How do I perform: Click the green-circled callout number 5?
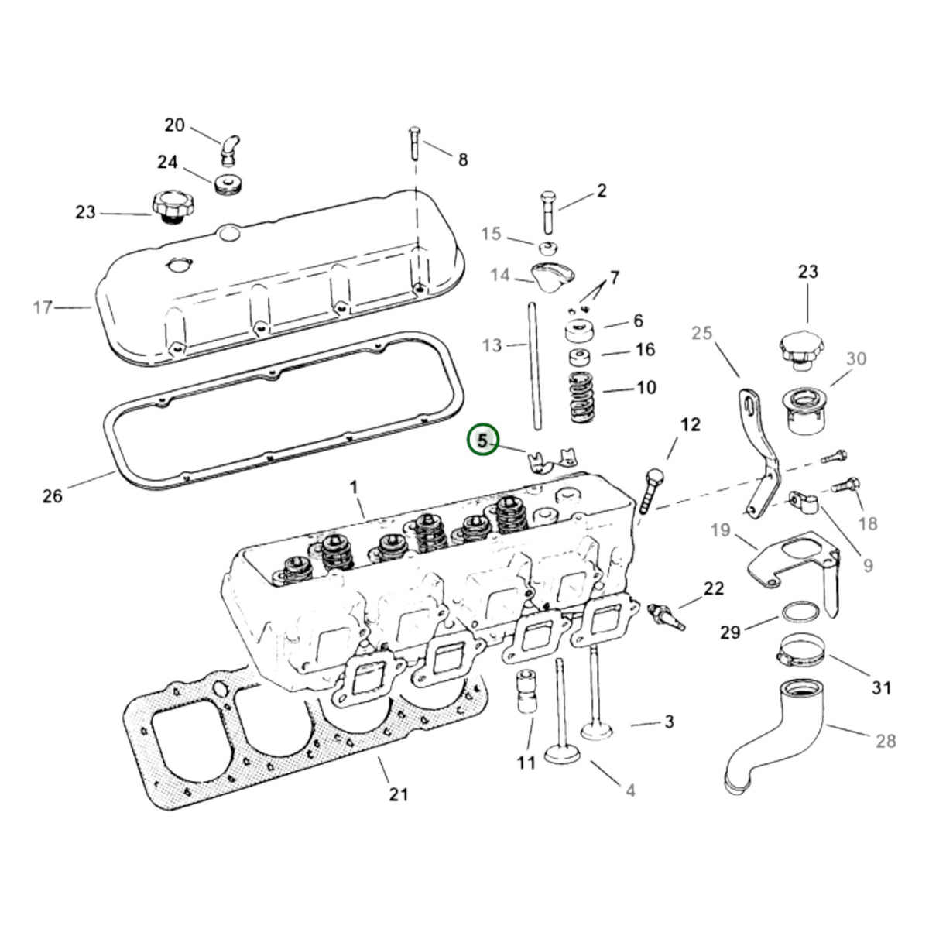click(x=482, y=440)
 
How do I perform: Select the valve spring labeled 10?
click(x=582, y=397)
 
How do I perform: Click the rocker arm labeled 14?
click(x=554, y=276)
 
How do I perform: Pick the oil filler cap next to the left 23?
click(x=174, y=207)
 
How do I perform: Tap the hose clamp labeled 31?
click(x=800, y=650)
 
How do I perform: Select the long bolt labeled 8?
click(x=415, y=144)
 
